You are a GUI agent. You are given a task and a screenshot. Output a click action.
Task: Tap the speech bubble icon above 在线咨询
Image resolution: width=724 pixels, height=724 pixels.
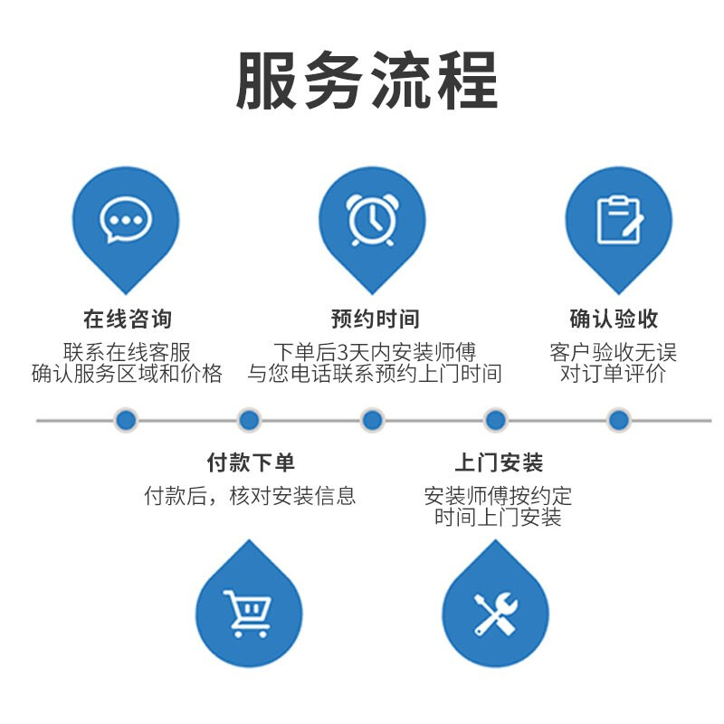(126, 220)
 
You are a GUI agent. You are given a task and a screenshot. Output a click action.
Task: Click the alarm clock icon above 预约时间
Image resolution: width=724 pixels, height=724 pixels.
(372, 218)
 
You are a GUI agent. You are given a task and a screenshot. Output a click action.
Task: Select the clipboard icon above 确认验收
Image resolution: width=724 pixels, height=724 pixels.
(619, 219)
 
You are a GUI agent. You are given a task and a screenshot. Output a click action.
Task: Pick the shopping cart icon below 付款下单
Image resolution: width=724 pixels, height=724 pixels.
(248, 613)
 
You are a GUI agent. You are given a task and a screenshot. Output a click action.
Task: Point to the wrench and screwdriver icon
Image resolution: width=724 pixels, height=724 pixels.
(495, 613)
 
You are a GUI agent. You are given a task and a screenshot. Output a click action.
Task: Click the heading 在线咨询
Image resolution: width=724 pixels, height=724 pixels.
(127, 319)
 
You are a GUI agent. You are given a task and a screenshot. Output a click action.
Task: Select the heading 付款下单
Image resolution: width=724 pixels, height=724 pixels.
(251, 462)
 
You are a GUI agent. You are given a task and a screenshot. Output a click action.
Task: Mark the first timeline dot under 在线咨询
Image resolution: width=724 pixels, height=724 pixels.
(126, 420)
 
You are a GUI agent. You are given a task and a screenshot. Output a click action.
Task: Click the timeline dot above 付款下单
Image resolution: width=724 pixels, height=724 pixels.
(249, 420)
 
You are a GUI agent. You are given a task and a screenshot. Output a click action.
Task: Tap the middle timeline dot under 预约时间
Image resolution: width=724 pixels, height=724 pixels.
(372, 420)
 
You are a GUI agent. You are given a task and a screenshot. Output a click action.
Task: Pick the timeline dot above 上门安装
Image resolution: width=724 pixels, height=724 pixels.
(495, 420)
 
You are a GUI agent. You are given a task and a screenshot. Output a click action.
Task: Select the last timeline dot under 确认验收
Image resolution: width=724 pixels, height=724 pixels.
(618, 420)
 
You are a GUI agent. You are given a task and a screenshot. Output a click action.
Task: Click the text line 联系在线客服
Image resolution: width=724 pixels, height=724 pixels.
(127, 351)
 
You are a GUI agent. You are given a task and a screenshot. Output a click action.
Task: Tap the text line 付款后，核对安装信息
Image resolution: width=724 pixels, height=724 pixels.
(250, 495)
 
